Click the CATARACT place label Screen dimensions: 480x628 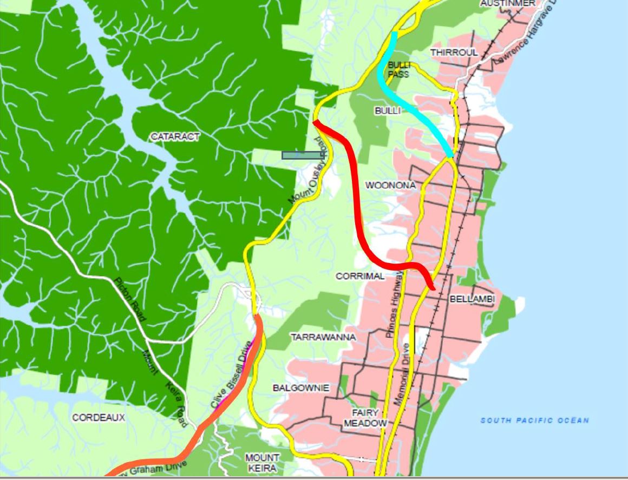pyautogui.click(x=175, y=136)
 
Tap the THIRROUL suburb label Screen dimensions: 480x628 pyautogui.click(x=454, y=52)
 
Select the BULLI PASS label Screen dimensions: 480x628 pyautogui.click(x=398, y=70)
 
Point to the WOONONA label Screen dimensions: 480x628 pyautogui.click(x=390, y=185)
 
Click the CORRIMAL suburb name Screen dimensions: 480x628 pyautogui.click(x=360, y=276)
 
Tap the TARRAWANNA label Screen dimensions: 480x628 pyautogui.click(x=323, y=337)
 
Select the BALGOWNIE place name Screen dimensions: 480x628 pyautogui.click(x=301, y=388)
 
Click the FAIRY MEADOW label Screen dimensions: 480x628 pyautogui.click(x=365, y=418)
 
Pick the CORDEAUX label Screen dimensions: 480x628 pyautogui.click(x=99, y=418)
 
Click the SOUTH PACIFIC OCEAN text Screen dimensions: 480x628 pyautogui.click(x=534, y=420)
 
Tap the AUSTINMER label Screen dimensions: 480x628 pyautogui.click(x=508, y=3)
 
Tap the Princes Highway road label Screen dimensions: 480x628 pyautogui.click(x=395, y=305)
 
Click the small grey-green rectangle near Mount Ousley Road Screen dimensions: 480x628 pyautogui.click(x=302, y=155)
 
